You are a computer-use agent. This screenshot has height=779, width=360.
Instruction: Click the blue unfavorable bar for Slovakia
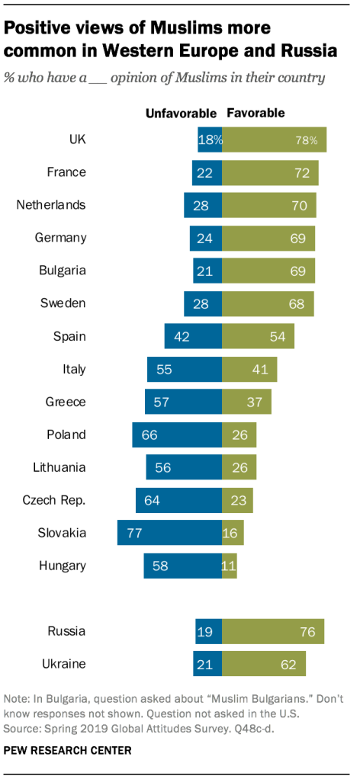tap(169, 533)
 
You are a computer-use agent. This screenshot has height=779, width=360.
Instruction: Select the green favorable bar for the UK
tap(275, 140)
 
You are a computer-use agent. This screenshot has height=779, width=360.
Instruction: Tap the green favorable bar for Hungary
tap(230, 566)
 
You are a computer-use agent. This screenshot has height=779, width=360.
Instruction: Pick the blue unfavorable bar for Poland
tap(177, 434)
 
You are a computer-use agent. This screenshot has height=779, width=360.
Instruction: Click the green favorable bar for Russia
tap(273, 631)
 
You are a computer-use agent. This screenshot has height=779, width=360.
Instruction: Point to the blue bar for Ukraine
tap(207, 664)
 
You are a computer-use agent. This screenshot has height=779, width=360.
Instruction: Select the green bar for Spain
tap(258, 336)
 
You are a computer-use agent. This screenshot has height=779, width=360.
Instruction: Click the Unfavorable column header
tap(182, 113)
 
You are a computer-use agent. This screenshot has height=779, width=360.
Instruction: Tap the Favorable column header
tap(256, 113)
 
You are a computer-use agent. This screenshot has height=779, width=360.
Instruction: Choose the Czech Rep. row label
tap(55, 500)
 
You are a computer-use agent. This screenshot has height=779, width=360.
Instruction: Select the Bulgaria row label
tap(61, 271)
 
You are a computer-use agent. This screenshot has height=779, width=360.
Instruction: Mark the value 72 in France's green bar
tap(301, 173)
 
